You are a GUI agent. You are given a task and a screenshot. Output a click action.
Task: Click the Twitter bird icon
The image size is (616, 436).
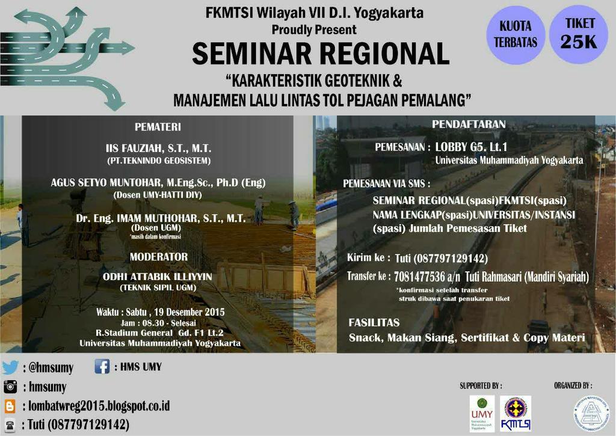pyautogui.click(x=10, y=367)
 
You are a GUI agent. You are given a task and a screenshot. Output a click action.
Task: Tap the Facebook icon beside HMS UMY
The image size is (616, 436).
pyautogui.click(x=102, y=366)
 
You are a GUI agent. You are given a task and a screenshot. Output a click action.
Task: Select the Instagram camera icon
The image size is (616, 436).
pyautogui.click(x=10, y=386)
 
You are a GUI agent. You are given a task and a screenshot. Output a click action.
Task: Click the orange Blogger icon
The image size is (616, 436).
pyautogui.click(x=10, y=405)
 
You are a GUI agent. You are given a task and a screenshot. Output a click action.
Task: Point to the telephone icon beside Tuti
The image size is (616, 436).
pyautogui.click(x=10, y=424)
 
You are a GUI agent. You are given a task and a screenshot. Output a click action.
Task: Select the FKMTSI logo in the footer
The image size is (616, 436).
pyautogui.click(x=516, y=413)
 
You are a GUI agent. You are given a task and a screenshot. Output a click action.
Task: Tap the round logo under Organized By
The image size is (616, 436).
pyautogui.click(x=591, y=413)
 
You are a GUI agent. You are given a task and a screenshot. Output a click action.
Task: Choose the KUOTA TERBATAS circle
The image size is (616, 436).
pyautogui.click(x=516, y=35)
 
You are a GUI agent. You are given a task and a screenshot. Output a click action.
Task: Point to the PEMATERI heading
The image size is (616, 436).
pyautogui.click(x=158, y=127)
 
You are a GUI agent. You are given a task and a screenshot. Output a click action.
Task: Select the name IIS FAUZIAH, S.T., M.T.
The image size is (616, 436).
pyautogui.click(x=158, y=148)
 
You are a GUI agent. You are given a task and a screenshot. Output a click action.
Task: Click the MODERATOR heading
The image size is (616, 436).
pyautogui.click(x=159, y=257)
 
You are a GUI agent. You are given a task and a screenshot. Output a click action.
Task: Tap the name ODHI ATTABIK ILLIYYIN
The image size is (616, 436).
pyautogui.click(x=158, y=276)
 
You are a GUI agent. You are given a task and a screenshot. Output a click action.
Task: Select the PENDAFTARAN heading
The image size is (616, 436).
pyautogui.click(x=469, y=124)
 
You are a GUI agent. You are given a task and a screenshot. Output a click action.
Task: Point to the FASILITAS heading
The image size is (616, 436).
pyautogui.click(x=374, y=323)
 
